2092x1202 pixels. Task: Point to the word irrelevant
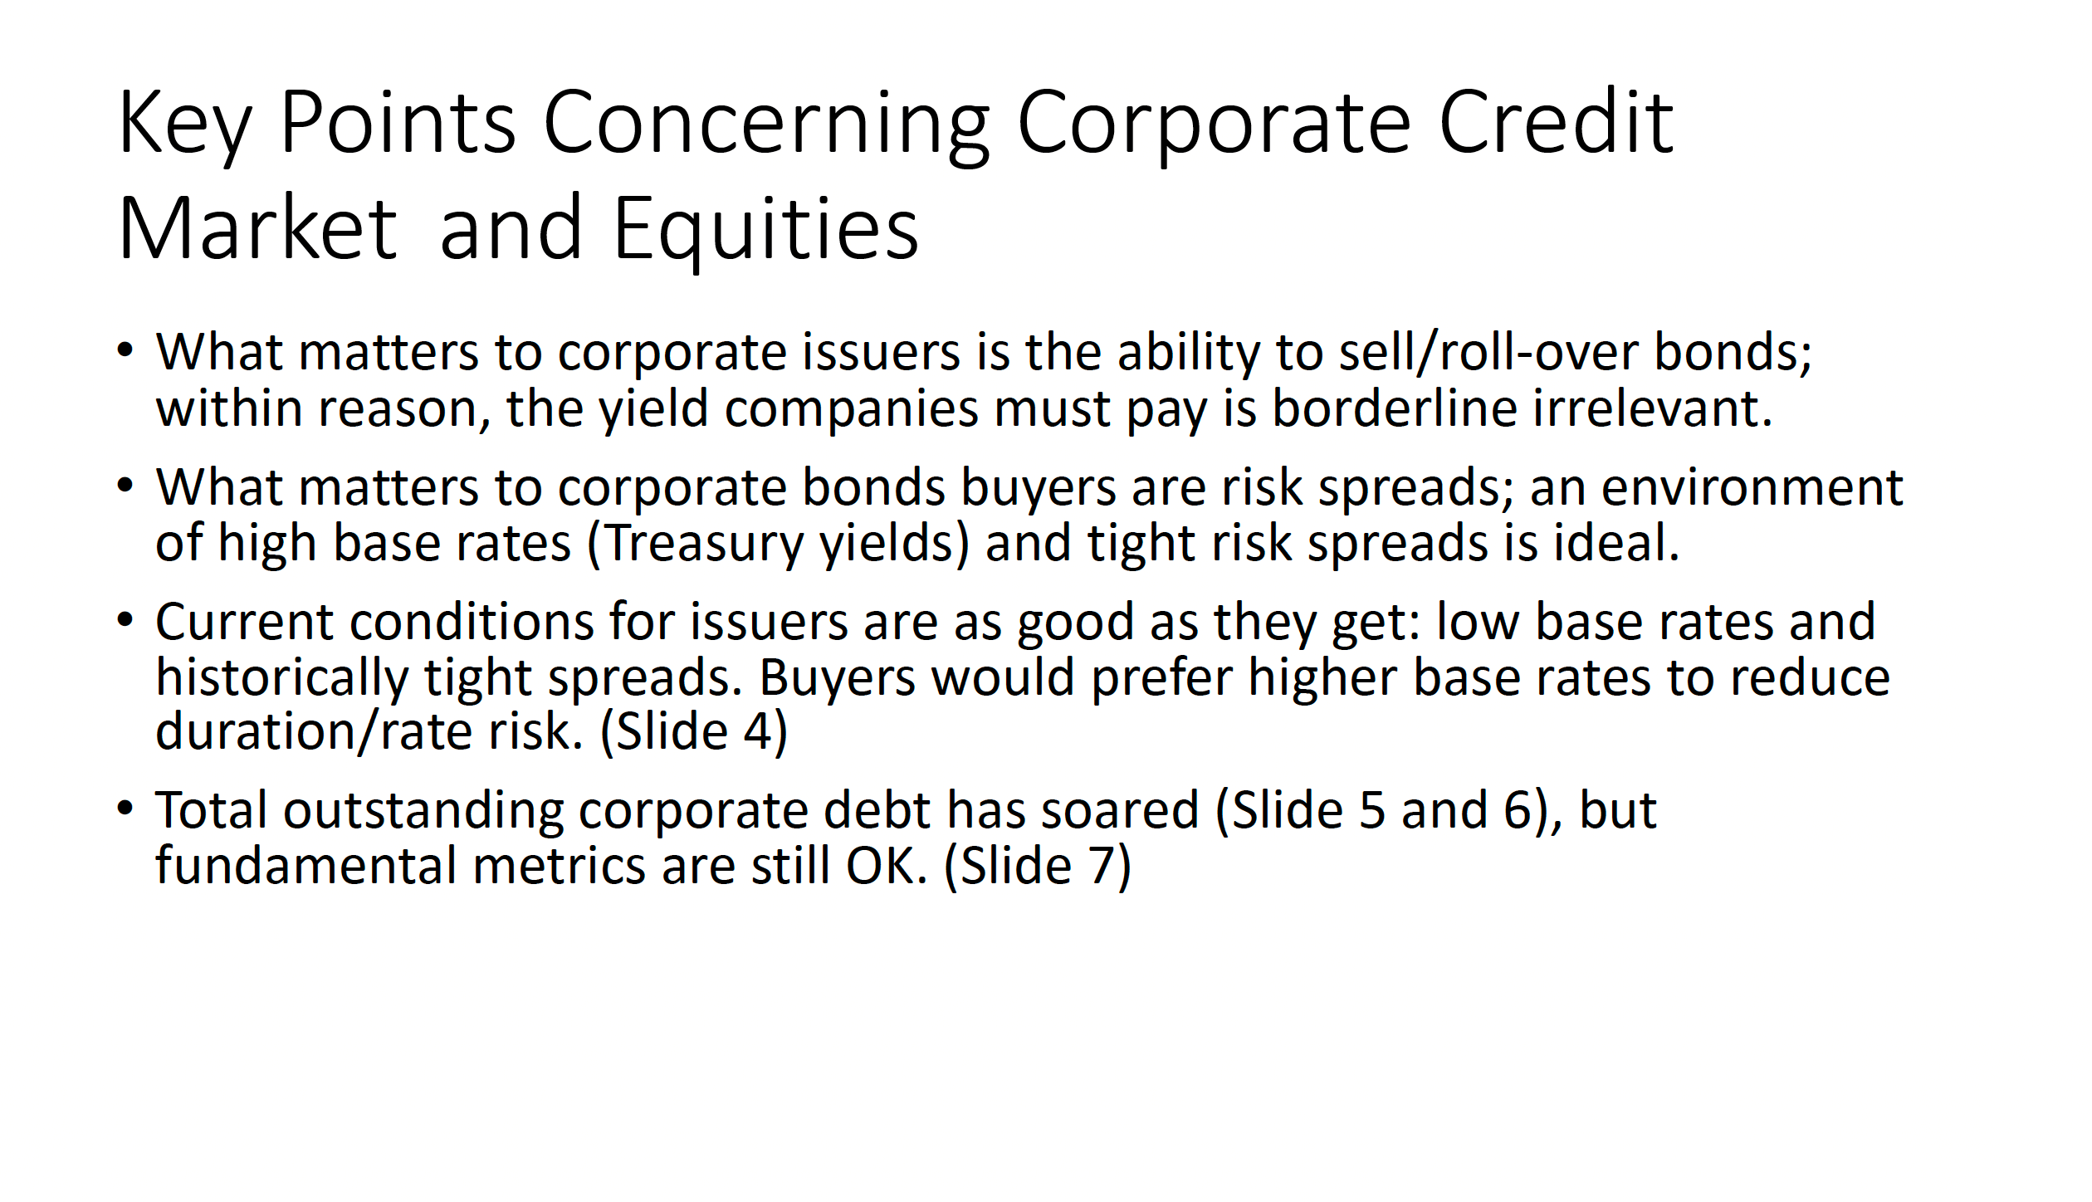[1652, 408]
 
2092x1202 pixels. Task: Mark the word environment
[1752, 487]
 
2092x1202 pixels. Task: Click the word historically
[282, 678]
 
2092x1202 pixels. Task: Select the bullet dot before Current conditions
[125, 621]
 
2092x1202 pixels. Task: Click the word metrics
[559, 866]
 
